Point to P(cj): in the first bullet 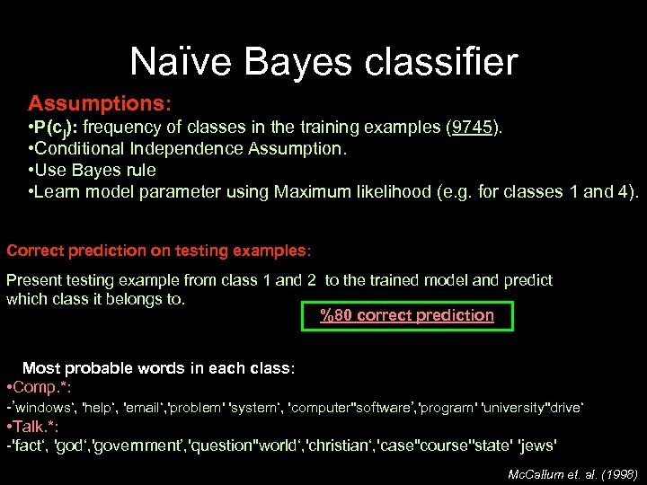(58, 128)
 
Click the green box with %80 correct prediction (408, 315)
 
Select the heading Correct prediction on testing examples (159, 250)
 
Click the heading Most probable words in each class (158, 368)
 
